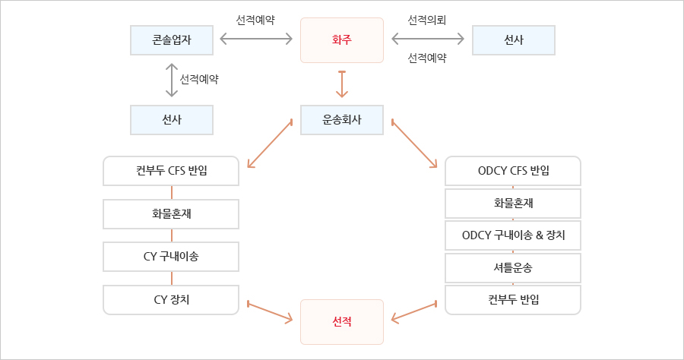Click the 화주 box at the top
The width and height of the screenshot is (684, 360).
(x=342, y=39)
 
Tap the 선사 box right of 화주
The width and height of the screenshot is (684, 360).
(x=513, y=39)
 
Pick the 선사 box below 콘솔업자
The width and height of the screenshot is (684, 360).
(x=171, y=119)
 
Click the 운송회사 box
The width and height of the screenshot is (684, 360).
(x=342, y=119)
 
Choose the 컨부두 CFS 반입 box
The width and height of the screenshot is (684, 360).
(x=171, y=171)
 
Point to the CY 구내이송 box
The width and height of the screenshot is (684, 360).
(x=171, y=256)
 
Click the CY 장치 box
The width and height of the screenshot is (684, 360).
(x=171, y=299)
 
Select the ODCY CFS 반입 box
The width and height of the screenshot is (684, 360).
(x=513, y=171)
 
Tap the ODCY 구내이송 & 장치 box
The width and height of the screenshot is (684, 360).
(x=513, y=236)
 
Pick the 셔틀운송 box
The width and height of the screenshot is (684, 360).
(x=513, y=267)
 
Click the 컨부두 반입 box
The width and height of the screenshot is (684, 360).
(x=513, y=299)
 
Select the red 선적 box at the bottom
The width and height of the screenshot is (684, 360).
(x=342, y=322)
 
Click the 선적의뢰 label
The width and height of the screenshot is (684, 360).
(x=426, y=18)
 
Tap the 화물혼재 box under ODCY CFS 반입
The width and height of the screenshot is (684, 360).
(x=513, y=204)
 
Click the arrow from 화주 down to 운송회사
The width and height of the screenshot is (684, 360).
(x=342, y=84)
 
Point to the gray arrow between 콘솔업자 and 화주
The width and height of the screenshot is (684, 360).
(x=256, y=37)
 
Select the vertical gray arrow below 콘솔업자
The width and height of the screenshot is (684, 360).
(x=172, y=79)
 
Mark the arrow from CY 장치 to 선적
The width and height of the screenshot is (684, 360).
(x=270, y=313)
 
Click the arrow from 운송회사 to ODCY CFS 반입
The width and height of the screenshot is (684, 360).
(x=414, y=144)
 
